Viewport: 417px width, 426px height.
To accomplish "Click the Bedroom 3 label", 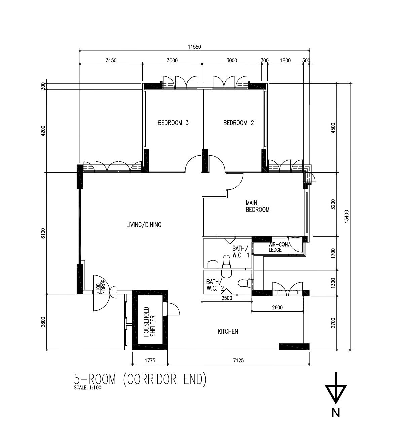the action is click(173, 123).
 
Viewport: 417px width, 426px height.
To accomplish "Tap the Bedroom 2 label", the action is click(238, 123).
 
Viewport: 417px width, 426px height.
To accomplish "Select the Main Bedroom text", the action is click(257, 206).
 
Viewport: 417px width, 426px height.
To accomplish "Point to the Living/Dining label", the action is click(144, 225).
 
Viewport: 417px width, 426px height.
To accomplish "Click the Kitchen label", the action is click(228, 332).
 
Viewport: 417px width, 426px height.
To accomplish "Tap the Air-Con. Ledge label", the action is click(279, 247).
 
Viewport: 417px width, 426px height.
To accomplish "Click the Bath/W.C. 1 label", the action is click(240, 252).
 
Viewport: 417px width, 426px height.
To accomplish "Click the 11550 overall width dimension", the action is click(194, 47).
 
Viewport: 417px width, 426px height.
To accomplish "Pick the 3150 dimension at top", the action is click(111, 61).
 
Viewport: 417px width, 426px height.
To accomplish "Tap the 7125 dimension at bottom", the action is click(238, 361).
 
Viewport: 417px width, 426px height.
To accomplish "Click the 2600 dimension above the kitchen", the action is click(277, 307).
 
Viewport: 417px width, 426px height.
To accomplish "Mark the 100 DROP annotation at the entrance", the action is click(101, 287).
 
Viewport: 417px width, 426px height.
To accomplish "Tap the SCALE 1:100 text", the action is click(87, 388).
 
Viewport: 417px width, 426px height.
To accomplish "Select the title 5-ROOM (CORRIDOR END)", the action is click(140, 379).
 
